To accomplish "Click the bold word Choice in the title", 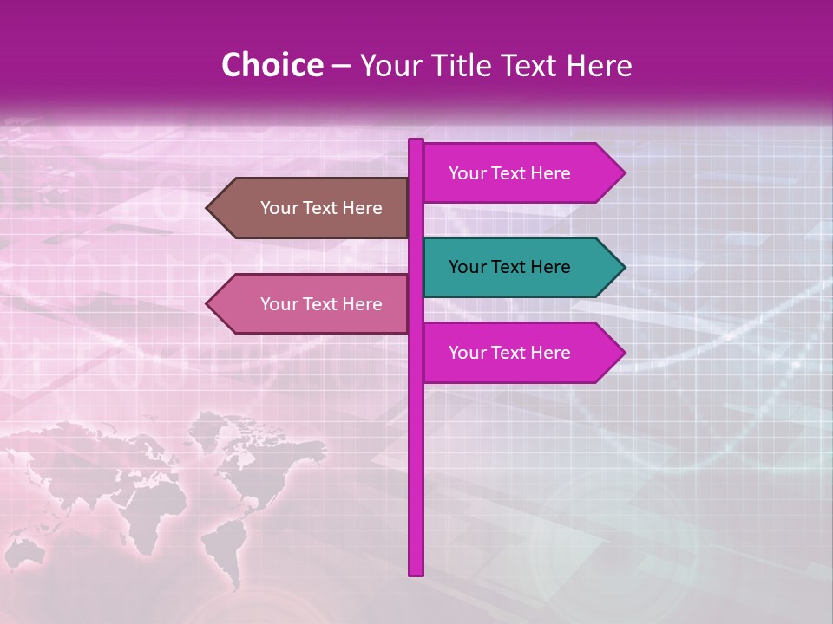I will click(x=272, y=65).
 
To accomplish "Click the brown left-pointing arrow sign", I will click(x=312, y=208).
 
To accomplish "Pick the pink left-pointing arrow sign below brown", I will click(x=312, y=304).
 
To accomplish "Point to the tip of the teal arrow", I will click(x=623, y=267).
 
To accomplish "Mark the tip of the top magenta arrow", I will click(x=623, y=173).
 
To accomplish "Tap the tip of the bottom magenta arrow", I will click(x=623, y=353).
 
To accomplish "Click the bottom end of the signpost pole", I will click(x=416, y=572).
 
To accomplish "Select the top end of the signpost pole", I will click(x=416, y=142).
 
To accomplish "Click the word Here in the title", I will click(x=600, y=65).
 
